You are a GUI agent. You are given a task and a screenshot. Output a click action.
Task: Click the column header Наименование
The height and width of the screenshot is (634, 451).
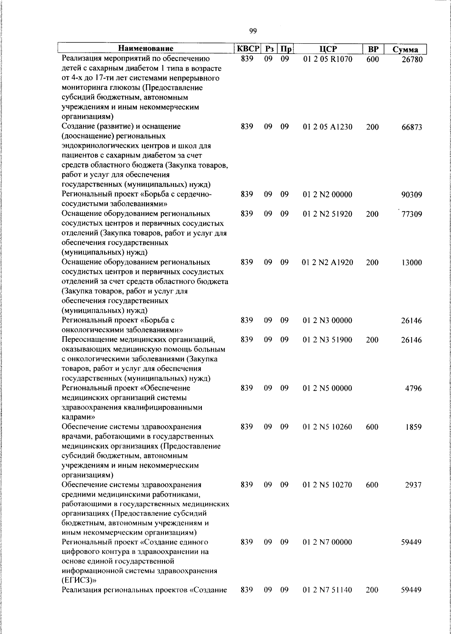tap(146, 49)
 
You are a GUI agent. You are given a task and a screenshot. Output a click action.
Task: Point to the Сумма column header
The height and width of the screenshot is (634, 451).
tap(406, 49)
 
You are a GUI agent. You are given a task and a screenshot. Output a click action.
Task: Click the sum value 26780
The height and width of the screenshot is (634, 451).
tap(412, 59)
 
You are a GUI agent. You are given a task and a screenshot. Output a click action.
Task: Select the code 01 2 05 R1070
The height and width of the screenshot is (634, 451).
tap(327, 59)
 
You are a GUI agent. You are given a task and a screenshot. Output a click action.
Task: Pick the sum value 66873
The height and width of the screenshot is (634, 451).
tap(412, 127)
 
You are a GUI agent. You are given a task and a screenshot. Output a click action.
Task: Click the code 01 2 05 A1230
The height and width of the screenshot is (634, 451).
tap(327, 127)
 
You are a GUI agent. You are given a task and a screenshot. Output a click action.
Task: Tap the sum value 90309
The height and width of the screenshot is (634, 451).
tap(412, 195)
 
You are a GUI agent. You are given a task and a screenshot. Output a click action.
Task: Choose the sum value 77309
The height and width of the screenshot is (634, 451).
tap(412, 214)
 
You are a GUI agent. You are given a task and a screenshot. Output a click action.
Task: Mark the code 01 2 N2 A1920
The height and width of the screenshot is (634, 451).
tap(327, 262)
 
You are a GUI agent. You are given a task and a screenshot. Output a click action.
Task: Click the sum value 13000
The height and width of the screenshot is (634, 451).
tap(412, 263)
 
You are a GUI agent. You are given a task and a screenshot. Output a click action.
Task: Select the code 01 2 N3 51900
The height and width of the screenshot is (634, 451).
tap(327, 340)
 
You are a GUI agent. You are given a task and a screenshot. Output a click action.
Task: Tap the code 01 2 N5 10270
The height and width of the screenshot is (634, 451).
tap(327, 485)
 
